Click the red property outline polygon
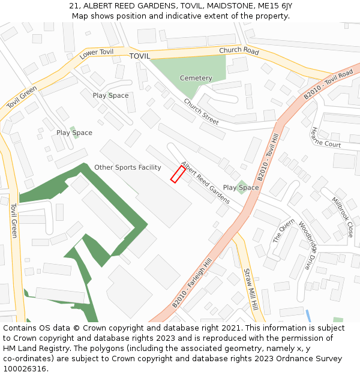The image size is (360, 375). pyautogui.click(x=178, y=174)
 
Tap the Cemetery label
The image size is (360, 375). pyautogui.click(x=196, y=79)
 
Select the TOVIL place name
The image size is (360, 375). pyautogui.click(x=139, y=56)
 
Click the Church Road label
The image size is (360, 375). pyautogui.click(x=239, y=51)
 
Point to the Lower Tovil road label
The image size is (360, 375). pyautogui.click(x=96, y=54)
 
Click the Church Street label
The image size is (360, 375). pyautogui.click(x=201, y=111)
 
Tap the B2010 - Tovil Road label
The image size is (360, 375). pyautogui.click(x=328, y=85)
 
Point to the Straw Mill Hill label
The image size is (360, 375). pyautogui.click(x=250, y=289)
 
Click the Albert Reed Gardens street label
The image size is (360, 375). pyautogui.click(x=205, y=182)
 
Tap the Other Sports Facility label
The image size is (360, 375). pyautogui.click(x=128, y=167)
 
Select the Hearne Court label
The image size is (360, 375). pyautogui.click(x=326, y=137)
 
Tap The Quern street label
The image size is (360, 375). pyautogui.click(x=284, y=230)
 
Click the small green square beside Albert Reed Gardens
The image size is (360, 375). pyautogui.click(x=241, y=182)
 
